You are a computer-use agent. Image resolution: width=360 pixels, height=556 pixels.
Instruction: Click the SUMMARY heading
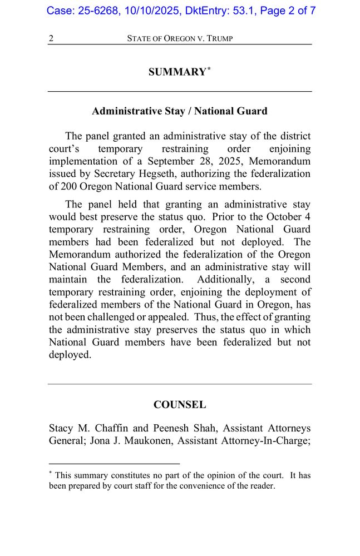176,72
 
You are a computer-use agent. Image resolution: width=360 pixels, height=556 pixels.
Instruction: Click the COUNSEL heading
180,405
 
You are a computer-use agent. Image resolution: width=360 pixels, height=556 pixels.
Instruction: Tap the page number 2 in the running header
51,38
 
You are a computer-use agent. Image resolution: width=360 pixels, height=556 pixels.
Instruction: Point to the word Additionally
225,280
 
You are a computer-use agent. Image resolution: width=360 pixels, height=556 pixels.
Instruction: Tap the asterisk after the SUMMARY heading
209,69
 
